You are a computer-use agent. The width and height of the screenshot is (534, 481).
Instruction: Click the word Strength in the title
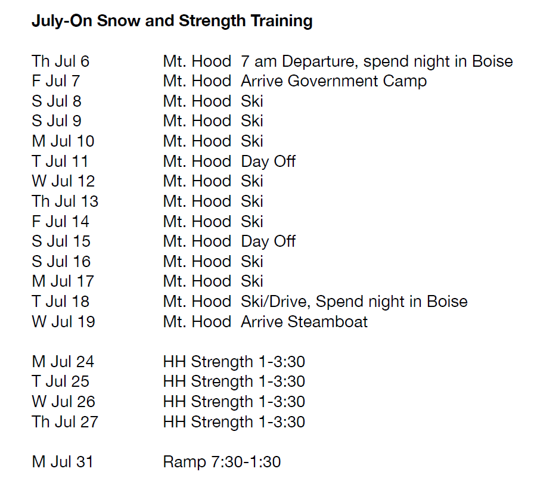point(212,21)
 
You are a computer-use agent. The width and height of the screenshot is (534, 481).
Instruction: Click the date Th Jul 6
point(60,61)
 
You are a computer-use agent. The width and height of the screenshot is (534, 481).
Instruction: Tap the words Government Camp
point(357,82)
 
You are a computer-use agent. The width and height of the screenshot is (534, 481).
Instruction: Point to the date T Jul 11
point(60,161)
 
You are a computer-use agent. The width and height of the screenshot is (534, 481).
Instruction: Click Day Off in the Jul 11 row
point(268,162)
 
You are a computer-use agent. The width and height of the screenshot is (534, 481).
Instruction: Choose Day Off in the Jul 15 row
point(268,242)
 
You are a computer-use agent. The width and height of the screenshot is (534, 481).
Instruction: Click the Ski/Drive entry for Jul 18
point(275,302)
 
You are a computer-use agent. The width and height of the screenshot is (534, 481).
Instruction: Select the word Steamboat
point(328,322)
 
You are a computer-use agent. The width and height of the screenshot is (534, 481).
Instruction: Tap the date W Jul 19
point(63,322)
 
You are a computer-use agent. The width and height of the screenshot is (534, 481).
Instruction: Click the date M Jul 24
point(63,361)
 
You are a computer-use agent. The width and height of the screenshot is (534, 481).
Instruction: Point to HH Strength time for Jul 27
point(282,422)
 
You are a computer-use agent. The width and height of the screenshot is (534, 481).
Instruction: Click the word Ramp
point(185,463)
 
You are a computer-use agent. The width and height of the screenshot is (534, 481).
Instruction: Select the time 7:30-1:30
point(246,462)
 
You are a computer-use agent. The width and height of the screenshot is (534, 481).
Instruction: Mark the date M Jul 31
point(63,462)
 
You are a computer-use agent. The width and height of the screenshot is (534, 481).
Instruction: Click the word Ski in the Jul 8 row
point(252,101)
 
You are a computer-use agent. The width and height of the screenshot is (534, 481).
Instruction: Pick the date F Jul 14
point(60,221)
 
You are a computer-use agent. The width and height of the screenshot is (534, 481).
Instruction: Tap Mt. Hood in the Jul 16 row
point(197,261)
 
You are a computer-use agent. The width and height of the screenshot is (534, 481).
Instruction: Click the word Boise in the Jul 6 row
point(492,61)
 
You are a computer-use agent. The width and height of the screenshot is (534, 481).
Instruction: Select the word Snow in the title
point(119,21)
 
